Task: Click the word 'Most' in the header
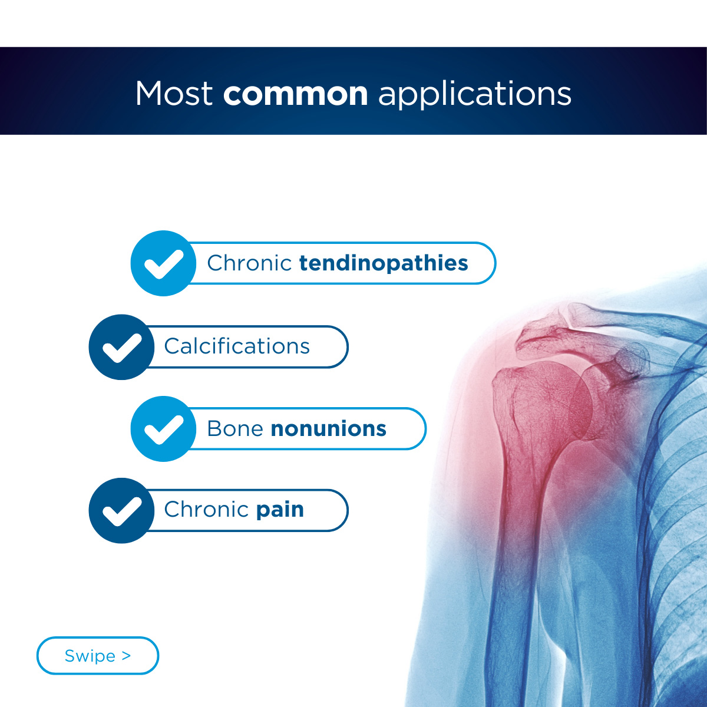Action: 174,94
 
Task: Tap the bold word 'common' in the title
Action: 295,94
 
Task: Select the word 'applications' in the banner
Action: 474,95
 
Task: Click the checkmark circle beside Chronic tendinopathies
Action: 163,263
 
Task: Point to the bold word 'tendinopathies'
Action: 384,263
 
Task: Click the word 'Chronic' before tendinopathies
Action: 249,263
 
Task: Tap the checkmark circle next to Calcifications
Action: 121,346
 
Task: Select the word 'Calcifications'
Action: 237,346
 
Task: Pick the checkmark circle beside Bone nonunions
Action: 163,428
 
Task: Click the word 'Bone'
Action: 235,428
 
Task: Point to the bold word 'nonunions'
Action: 328,429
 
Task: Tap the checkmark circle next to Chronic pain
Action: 121,510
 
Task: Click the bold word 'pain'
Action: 280,511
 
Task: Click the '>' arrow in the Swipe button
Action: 127,655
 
